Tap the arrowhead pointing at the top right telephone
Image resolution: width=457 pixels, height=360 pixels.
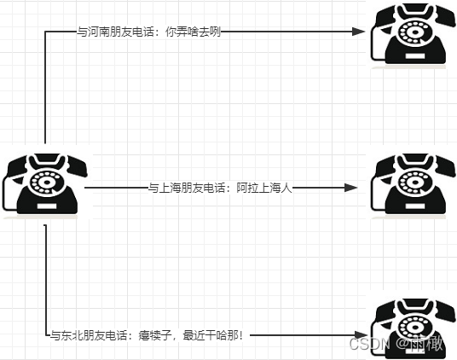click(360, 32)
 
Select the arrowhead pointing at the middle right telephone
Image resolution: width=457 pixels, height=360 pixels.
click(350, 188)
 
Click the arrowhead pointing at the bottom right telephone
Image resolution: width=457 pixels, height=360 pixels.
click(361, 335)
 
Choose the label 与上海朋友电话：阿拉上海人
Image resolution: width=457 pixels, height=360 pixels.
click(220, 188)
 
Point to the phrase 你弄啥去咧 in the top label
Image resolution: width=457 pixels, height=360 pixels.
click(199, 32)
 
